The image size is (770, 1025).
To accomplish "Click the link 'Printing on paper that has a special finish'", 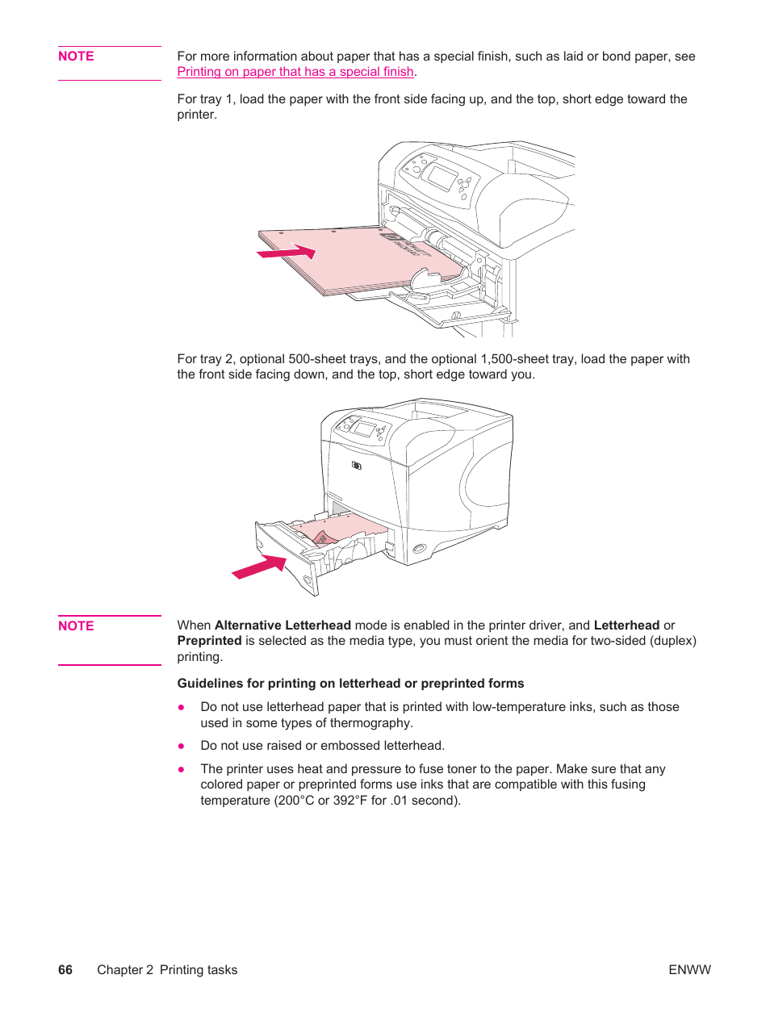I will [295, 72].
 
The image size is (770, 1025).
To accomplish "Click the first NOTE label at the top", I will [76, 56].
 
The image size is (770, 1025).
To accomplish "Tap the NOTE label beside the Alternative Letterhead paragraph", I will [76, 626].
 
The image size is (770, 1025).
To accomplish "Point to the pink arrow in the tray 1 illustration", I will [287, 253].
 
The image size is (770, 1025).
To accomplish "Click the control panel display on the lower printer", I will [364, 429].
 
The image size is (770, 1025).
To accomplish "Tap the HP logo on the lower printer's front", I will [357, 466].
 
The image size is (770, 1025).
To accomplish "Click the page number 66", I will [65, 970].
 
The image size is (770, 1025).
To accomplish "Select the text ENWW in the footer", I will [689, 970].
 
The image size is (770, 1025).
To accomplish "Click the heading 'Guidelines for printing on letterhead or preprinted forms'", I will [350, 684].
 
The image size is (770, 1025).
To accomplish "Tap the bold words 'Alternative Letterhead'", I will [282, 625].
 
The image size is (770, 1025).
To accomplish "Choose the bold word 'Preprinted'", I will [209, 641].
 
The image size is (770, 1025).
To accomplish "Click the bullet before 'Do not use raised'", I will [182, 746].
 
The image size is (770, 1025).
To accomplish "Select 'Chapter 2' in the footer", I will [125, 970].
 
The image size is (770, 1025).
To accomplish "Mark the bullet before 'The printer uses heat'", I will [182, 769].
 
